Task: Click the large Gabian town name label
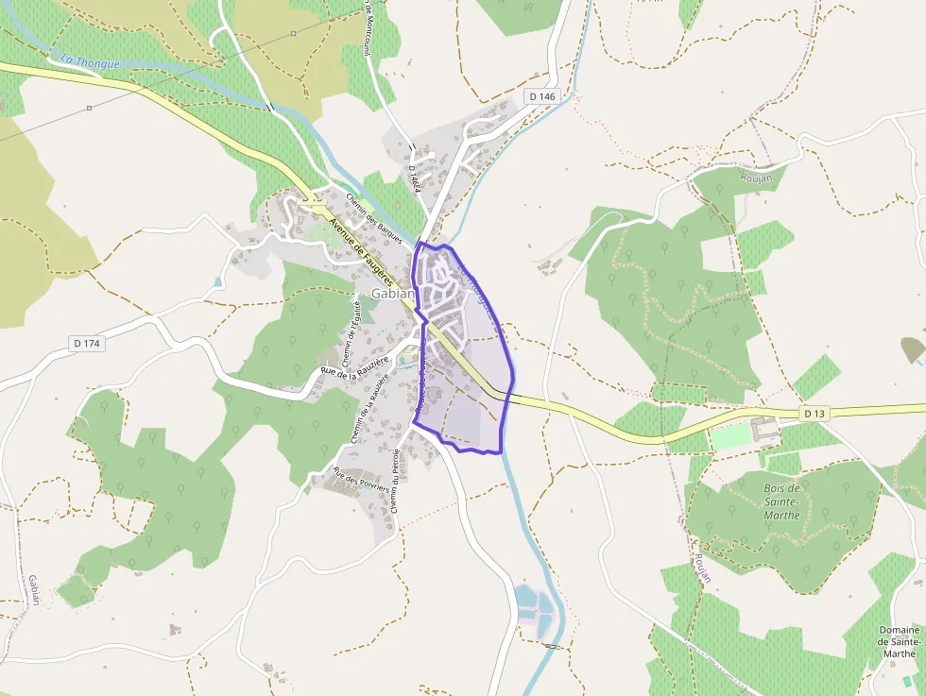(393, 294)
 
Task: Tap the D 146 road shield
(542, 96)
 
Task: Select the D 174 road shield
(86, 344)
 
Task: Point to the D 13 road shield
(815, 414)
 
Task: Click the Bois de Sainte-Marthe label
(781, 501)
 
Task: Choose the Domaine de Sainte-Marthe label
(899, 641)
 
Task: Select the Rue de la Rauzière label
(355, 369)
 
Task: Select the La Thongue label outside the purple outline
(90, 62)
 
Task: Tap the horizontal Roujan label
(757, 178)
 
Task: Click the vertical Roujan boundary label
(702, 567)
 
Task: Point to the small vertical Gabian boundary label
(33, 589)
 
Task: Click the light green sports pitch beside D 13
(729, 437)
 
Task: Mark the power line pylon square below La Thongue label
(89, 108)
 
